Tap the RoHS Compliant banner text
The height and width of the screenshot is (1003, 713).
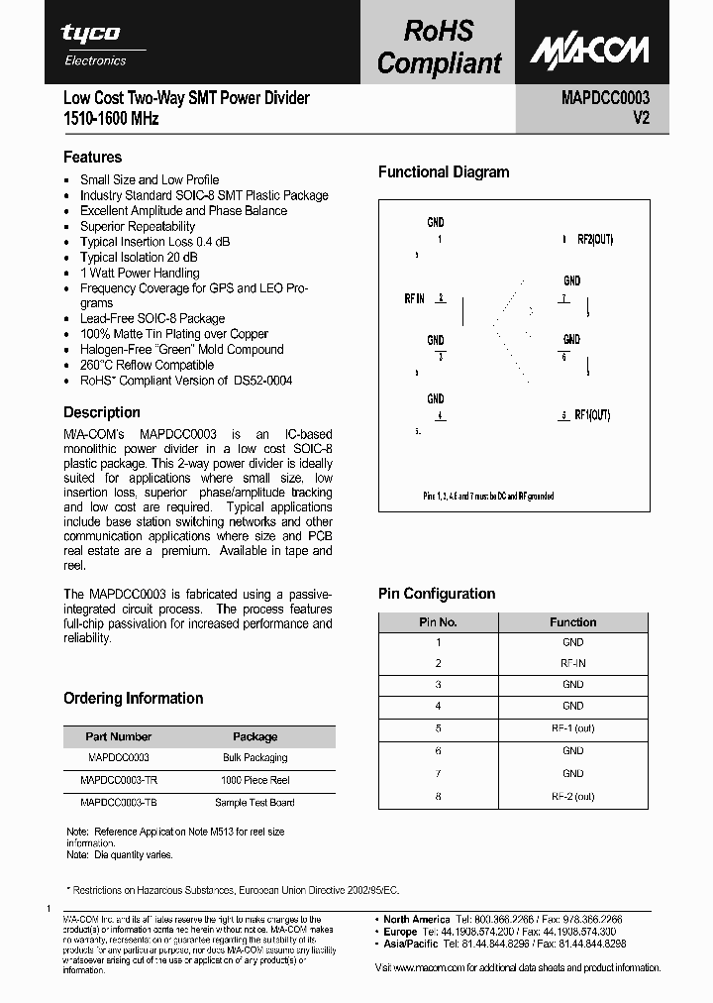tap(440, 48)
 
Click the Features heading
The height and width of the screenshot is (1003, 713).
tap(93, 157)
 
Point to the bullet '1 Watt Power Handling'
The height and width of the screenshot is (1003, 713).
tap(140, 273)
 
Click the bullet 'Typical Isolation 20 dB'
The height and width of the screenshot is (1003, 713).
tap(143, 258)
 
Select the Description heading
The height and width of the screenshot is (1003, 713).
tap(102, 412)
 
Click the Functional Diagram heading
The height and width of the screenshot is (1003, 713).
tap(444, 172)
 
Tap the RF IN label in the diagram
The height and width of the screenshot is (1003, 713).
tap(415, 298)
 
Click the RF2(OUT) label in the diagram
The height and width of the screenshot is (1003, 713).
tap(595, 240)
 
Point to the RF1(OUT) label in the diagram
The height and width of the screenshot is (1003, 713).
tap(592, 415)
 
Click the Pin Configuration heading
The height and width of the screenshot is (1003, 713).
tap(437, 594)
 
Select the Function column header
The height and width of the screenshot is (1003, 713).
tap(572, 622)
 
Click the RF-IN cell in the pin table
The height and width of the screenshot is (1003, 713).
tap(572, 663)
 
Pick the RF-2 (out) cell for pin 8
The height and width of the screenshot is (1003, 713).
tap(572, 796)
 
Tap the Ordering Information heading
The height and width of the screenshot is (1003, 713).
tap(134, 699)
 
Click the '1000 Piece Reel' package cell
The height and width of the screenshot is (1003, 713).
tap(255, 780)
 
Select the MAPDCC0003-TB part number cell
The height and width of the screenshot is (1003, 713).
tap(118, 803)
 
